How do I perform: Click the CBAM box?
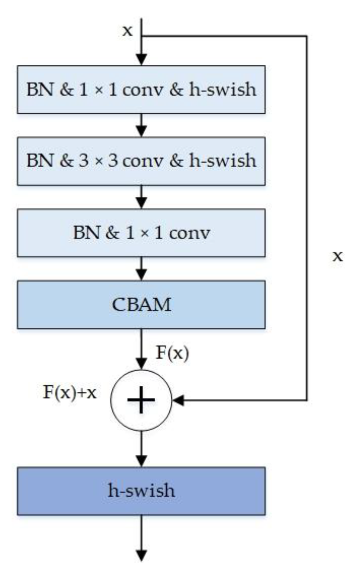[141, 304]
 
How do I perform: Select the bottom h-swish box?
[141, 491]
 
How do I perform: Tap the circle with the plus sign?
[141, 400]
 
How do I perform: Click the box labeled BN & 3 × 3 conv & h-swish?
[141, 161]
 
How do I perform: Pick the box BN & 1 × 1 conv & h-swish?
[141, 90]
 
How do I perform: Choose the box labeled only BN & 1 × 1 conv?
[141, 233]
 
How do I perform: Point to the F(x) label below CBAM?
[172, 353]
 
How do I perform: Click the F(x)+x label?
[70, 392]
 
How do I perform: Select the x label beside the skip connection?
[337, 256]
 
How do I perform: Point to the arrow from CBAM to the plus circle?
[141, 349]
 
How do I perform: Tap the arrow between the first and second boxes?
[141, 125]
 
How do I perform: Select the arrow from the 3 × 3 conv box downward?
[141, 197]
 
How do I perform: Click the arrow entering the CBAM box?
[141, 269]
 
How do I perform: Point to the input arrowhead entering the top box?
[141, 60]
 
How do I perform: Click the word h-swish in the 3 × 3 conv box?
[222, 161]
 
